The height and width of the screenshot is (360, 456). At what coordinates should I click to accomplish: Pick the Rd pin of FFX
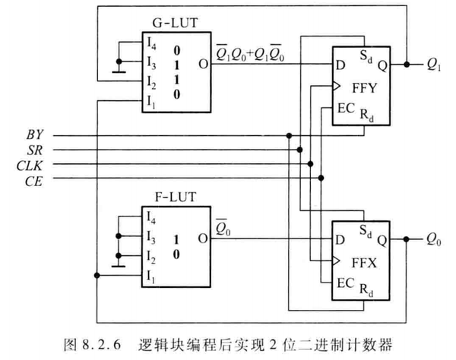pos(368,289)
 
